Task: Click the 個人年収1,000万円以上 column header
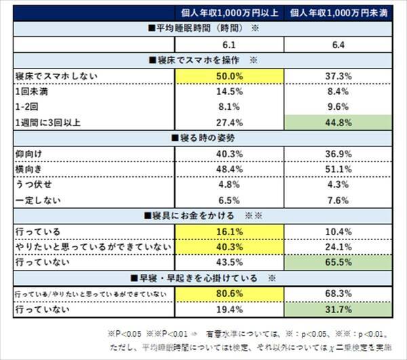pos(229,13)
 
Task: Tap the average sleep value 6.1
pos(229,45)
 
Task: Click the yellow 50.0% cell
pos(229,76)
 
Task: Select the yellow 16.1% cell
pos(229,232)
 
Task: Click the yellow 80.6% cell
pos(229,294)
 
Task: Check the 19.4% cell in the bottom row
pos(229,310)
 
